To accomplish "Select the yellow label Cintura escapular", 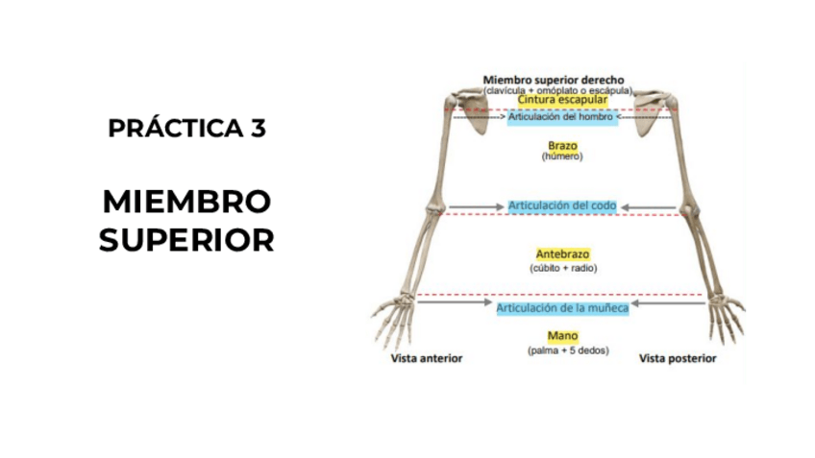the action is (x=562, y=100).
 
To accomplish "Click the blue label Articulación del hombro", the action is (x=562, y=117).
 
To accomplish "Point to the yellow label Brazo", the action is (x=562, y=145).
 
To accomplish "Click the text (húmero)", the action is (x=562, y=156).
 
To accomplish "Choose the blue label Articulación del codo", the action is (x=562, y=205).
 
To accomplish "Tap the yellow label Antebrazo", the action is (x=562, y=253).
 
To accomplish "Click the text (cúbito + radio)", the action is (x=563, y=268).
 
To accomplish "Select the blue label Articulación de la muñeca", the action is (x=562, y=308).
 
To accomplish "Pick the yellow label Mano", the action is (x=562, y=337).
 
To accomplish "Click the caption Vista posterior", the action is (x=678, y=358).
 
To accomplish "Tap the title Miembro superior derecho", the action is (x=555, y=80).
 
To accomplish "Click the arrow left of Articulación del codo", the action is (x=476, y=206).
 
